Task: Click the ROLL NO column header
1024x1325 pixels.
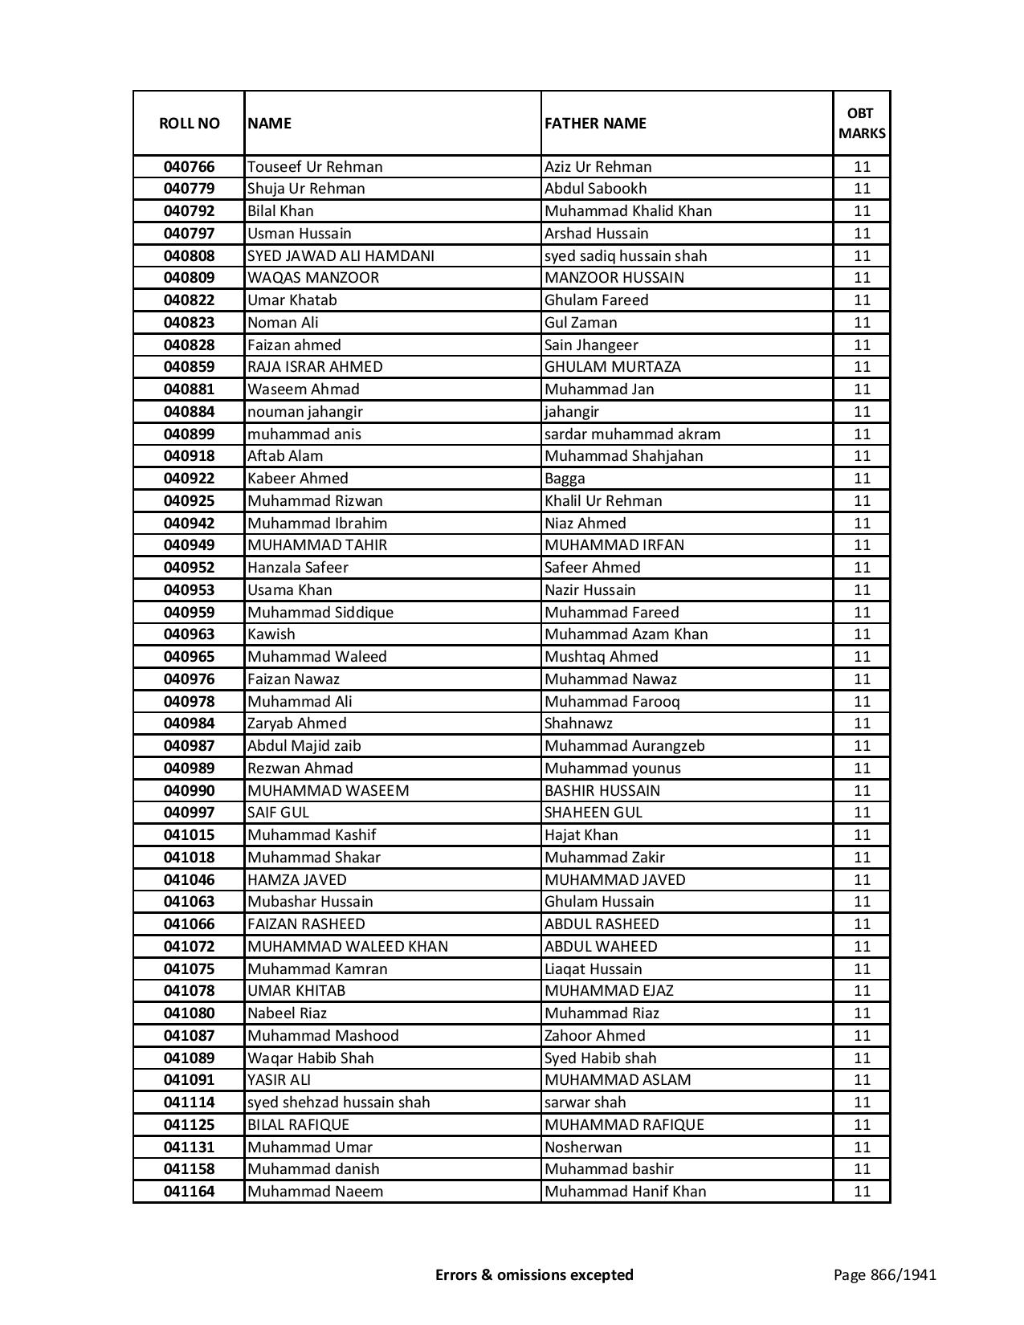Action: [189, 123]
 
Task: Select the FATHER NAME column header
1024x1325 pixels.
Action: [595, 123]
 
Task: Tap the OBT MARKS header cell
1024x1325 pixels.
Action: [862, 123]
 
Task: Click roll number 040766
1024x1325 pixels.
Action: [189, 167]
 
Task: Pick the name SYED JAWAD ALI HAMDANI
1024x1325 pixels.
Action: [341, 256]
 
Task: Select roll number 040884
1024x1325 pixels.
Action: [189, 412]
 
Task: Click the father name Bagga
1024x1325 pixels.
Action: [565, 479]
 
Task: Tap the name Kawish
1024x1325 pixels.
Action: [271, 634]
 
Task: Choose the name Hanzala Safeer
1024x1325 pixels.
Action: [298, 568]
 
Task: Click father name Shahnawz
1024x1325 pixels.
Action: [578, 724]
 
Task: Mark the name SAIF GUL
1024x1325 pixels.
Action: [278, 813]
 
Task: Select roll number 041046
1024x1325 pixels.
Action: [189, 879]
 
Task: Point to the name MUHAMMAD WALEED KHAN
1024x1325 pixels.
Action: [348, 947]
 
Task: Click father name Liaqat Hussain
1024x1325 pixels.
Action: [594, 969]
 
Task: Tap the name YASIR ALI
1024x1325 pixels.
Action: [279, 1080]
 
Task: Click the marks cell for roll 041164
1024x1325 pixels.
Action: [862, 1192]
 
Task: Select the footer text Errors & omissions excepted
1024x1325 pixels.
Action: [534, 1275]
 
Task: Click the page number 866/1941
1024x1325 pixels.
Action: [885, 1275]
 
